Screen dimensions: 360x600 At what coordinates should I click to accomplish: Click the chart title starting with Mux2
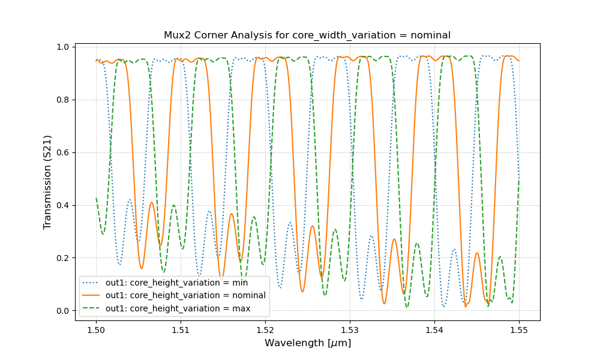pyautogui.click(x=307, y=35)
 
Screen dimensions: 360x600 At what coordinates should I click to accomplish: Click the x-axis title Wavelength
pyautogui.click(x=307, y=343)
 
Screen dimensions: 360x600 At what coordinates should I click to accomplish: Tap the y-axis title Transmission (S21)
pyautogui.click(x=47, y=182)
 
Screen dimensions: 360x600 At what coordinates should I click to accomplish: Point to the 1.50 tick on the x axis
pyautogui.click(x=96, y=329)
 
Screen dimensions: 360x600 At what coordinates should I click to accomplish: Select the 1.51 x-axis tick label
pyautogui.click(x=181, y=329)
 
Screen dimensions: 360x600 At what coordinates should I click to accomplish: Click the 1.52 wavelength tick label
pyautogui.click(x=265, y=329)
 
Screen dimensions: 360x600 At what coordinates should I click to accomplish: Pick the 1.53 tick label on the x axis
pyautogui.click(x=350, y=329)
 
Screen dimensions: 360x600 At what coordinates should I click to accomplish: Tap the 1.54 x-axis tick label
pyautogui.click(x=434, y=329)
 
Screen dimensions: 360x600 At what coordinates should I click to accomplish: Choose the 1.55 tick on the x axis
pyautogui.click(x=519, y=329)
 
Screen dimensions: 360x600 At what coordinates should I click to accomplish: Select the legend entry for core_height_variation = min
pyautogui.click(x=176, y=282)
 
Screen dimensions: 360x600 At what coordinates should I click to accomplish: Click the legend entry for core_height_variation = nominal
pyautogui.click(x=185, y=295)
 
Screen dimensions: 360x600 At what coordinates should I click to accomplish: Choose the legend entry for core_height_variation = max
pyautogui.click(x=178, y=308)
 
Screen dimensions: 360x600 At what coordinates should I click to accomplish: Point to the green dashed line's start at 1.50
pyautogui.click(x=97, y=199)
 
